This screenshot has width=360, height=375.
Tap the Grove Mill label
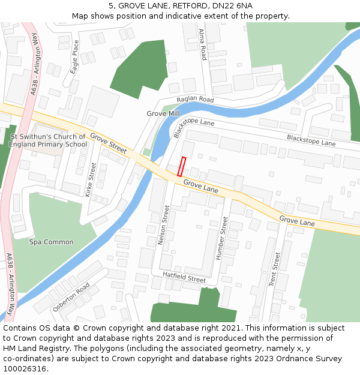click(x=163, y=113)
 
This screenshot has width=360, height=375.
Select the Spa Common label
click(x=52, y=242)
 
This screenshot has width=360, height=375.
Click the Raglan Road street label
click(x=195, y=99)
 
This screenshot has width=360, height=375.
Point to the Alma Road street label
click(x=203, y=44)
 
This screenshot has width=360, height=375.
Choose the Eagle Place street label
click(x=75, y=56)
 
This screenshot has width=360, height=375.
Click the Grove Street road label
click(x=109, y=143)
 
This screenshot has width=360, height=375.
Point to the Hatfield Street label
click(x=184, y=277)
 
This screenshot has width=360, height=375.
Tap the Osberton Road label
click(x=71, y=296)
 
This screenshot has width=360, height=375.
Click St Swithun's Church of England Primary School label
click(x=49, y=140)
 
